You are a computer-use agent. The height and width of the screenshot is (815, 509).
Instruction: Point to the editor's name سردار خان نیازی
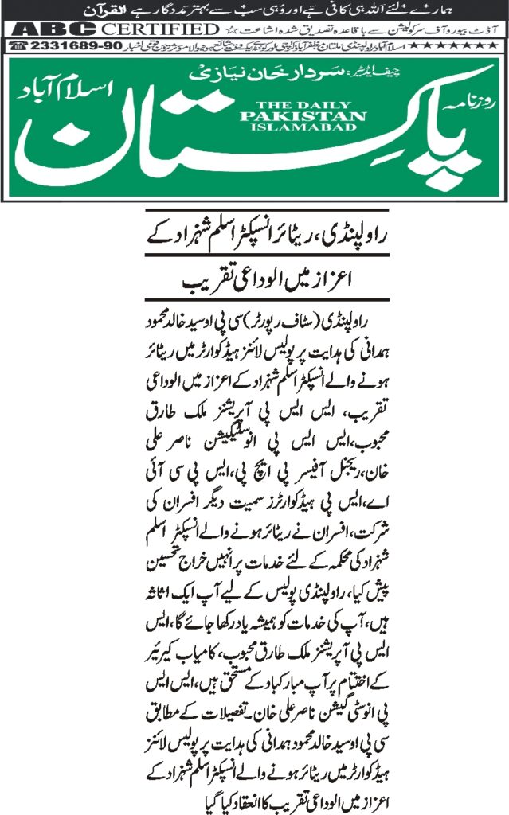[x=239, y=76]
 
